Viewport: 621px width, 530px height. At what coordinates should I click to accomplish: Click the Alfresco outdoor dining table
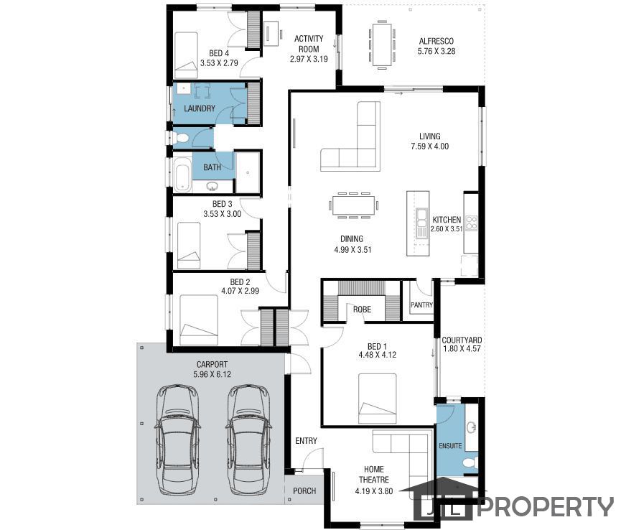tap(382, 45)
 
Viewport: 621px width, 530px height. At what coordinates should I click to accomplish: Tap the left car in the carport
tap(177, 440)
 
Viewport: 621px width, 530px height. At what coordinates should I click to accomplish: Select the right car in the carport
tap(248, 440)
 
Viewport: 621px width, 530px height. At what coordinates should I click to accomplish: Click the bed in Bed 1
tap(378, 399)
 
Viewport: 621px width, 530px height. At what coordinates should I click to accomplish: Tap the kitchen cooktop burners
tap(471, 223)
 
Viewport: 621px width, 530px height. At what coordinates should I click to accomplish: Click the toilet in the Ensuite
tap(470, 462)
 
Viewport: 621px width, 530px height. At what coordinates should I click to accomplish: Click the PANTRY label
tap(421, 304)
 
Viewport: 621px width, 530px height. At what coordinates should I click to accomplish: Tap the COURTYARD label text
tap(462, 340)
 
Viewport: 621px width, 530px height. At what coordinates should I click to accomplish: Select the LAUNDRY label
tap(199, 108)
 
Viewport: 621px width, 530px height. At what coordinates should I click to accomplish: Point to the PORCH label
tap(304, 491)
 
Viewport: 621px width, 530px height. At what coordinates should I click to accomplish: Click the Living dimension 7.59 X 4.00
tap(430, 147)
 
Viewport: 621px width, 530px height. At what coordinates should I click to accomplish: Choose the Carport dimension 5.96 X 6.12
tap(213, 374)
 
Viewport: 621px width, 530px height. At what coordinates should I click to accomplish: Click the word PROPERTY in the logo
tap(546, 506)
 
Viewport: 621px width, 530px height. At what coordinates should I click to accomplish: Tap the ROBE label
tap(362, 309)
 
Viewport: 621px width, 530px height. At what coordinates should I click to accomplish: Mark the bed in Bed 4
tap(186, 55)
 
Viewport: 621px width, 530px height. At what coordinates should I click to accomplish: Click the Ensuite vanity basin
tap(472, 428)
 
